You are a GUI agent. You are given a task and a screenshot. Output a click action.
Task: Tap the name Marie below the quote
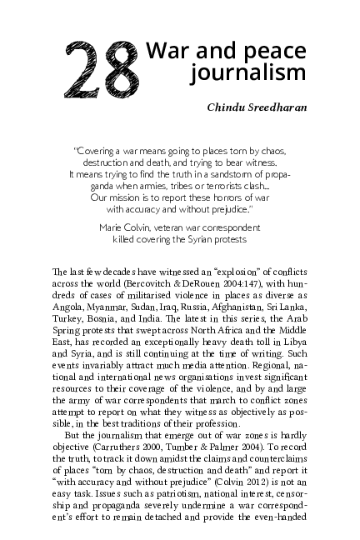[x=112, y=227]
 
